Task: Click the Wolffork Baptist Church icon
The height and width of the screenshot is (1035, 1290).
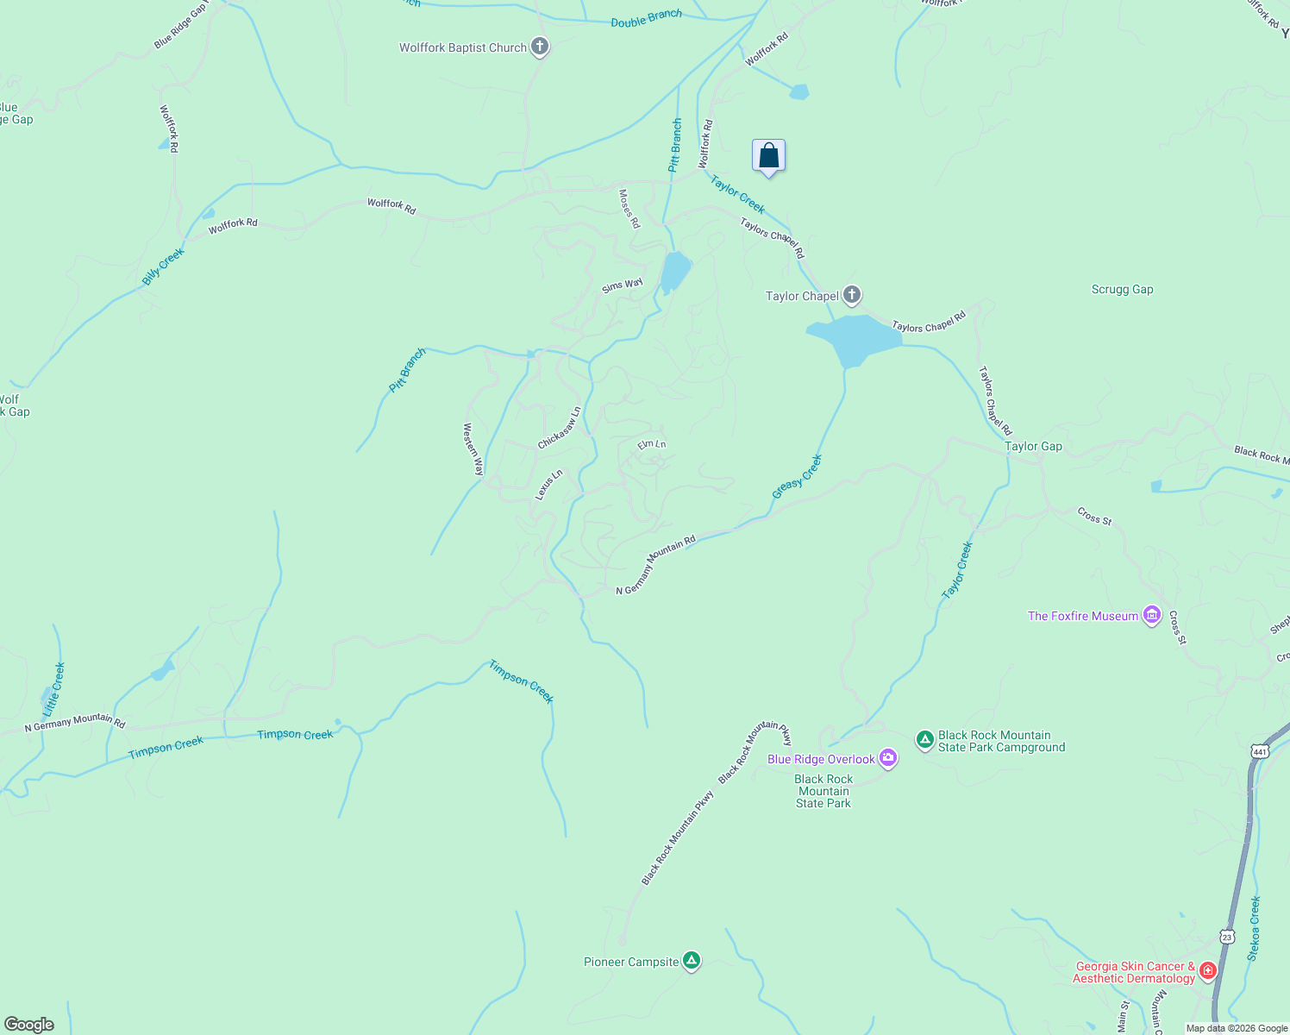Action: point(540,47)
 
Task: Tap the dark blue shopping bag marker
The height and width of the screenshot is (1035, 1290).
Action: point(768,156)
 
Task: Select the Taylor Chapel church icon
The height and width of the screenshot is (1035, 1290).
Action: point(852,296)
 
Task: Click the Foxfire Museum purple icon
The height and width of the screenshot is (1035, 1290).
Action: point(1152,616)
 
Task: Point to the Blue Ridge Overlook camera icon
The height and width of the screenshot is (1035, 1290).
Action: point(888,759)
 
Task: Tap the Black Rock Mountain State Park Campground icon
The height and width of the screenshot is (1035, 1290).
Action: point(925,739)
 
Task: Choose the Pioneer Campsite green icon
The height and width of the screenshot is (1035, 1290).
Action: point(691,961)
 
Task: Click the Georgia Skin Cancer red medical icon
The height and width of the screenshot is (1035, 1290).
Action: point(1208,971)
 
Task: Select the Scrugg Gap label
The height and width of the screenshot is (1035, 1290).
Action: point(1122,290)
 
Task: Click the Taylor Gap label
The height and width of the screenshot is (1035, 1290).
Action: point(1033,447)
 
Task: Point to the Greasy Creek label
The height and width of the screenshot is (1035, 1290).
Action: point(798,476)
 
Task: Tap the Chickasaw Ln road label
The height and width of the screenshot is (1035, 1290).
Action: point(560,428)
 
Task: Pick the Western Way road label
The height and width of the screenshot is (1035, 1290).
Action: point(473,448)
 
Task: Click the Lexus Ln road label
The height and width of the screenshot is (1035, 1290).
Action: point(548,485)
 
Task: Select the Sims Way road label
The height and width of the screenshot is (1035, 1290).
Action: point(623,285)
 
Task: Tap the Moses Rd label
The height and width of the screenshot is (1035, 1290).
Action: point(629,209)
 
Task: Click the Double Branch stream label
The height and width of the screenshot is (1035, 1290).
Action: point(646,18)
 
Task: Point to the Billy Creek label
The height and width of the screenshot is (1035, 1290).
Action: point(163,267)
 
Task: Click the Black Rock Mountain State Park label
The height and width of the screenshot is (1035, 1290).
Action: point(823,791)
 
